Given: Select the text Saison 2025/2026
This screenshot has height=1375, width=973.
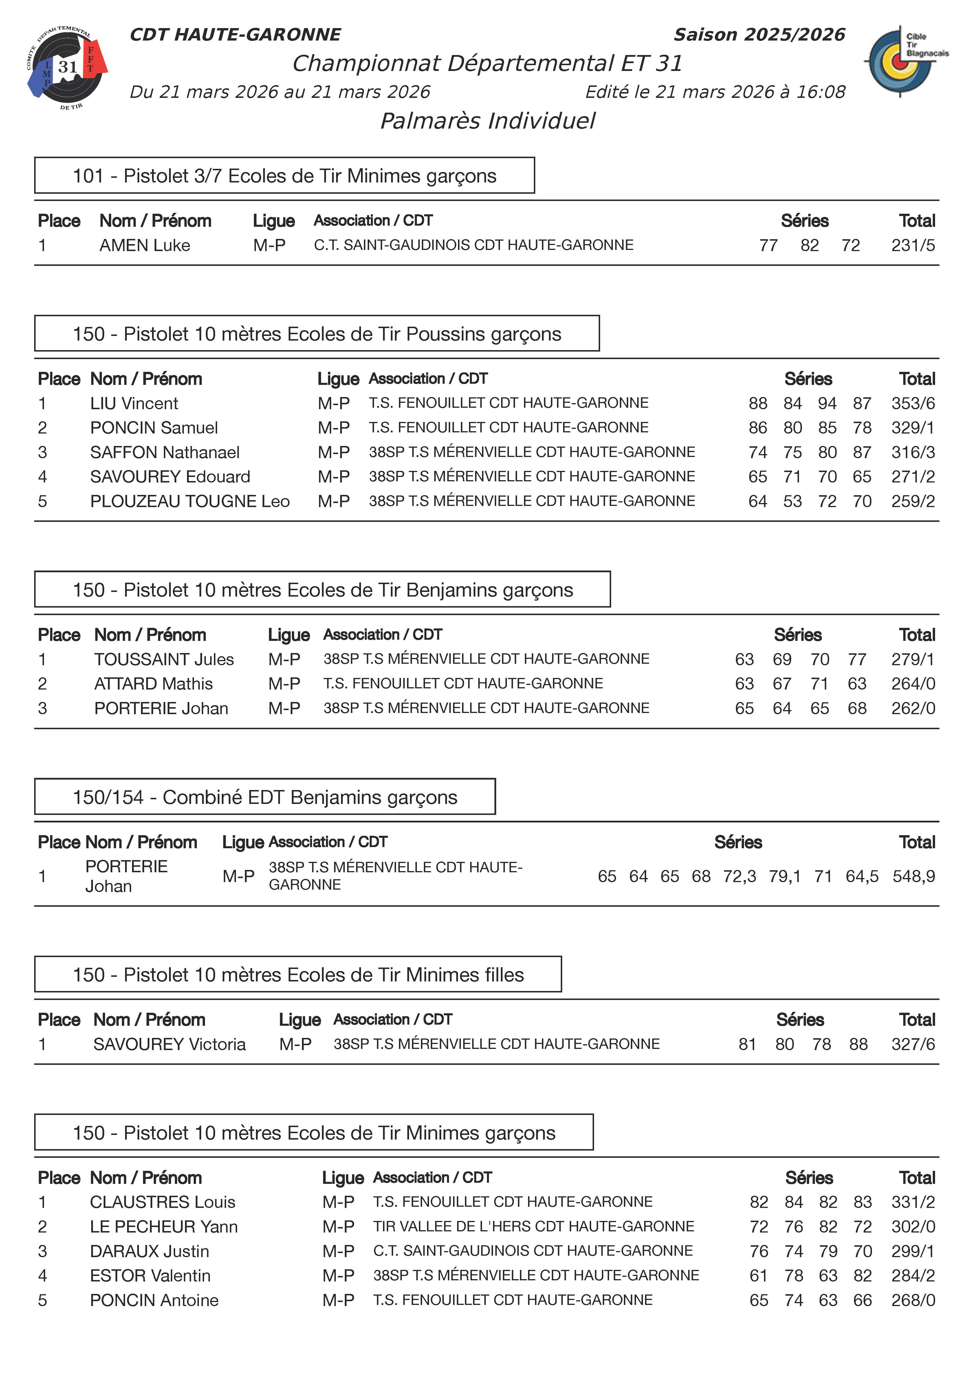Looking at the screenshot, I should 759,35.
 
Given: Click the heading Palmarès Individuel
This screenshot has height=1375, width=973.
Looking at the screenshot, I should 488,121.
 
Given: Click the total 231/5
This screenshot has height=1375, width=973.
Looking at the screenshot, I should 912,245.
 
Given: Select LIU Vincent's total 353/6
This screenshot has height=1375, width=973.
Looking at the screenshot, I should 912,403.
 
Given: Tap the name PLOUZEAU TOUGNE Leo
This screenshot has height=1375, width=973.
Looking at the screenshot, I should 189,501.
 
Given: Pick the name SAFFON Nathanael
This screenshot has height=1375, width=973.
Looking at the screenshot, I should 165,453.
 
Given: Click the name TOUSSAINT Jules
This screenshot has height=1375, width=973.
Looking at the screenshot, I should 164,659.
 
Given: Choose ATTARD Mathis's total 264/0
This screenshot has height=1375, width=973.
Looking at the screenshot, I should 912,684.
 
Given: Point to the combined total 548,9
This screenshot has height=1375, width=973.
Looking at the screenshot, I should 913,876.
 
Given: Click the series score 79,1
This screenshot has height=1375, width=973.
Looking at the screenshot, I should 784,876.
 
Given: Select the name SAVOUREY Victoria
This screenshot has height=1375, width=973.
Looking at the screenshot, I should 170,1044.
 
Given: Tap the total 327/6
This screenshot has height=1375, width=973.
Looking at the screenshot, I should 912,1044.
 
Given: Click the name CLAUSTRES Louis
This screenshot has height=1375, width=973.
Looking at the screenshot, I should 162,1202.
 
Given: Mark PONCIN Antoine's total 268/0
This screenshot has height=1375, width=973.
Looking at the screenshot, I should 912,1300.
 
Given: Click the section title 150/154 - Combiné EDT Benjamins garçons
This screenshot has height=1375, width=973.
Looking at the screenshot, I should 265,797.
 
